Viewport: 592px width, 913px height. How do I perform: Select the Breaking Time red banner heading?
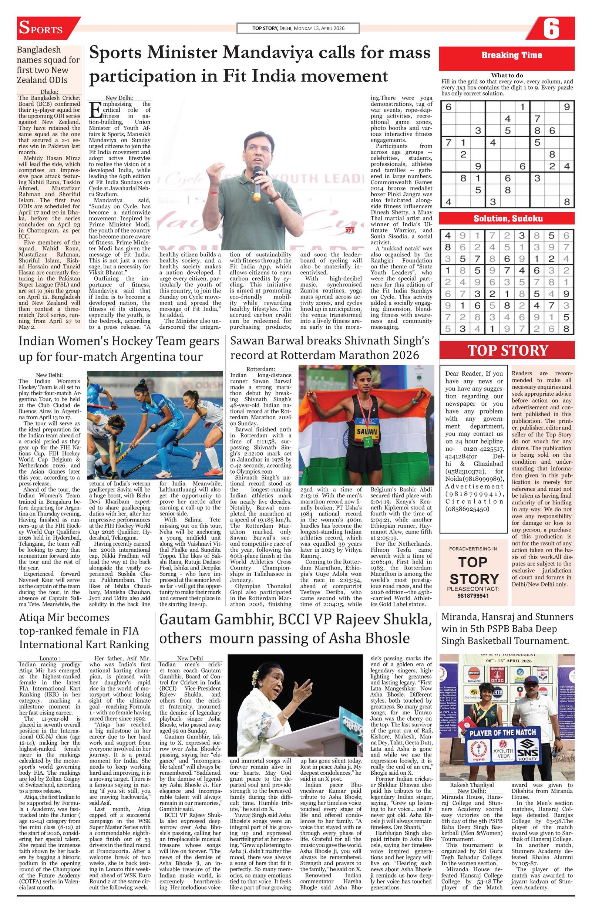tap(506, 55)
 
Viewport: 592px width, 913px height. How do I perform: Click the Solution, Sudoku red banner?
tap(506, 218)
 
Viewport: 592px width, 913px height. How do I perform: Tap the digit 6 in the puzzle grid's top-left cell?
tap(448, 107)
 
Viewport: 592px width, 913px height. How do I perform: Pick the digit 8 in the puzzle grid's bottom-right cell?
tap(566, 202)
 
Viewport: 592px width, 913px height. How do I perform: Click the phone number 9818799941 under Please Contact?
tap(473, 596)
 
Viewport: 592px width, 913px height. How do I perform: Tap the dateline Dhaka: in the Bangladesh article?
tap(50, 92)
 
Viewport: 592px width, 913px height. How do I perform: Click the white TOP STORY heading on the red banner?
tap(507, 351)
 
